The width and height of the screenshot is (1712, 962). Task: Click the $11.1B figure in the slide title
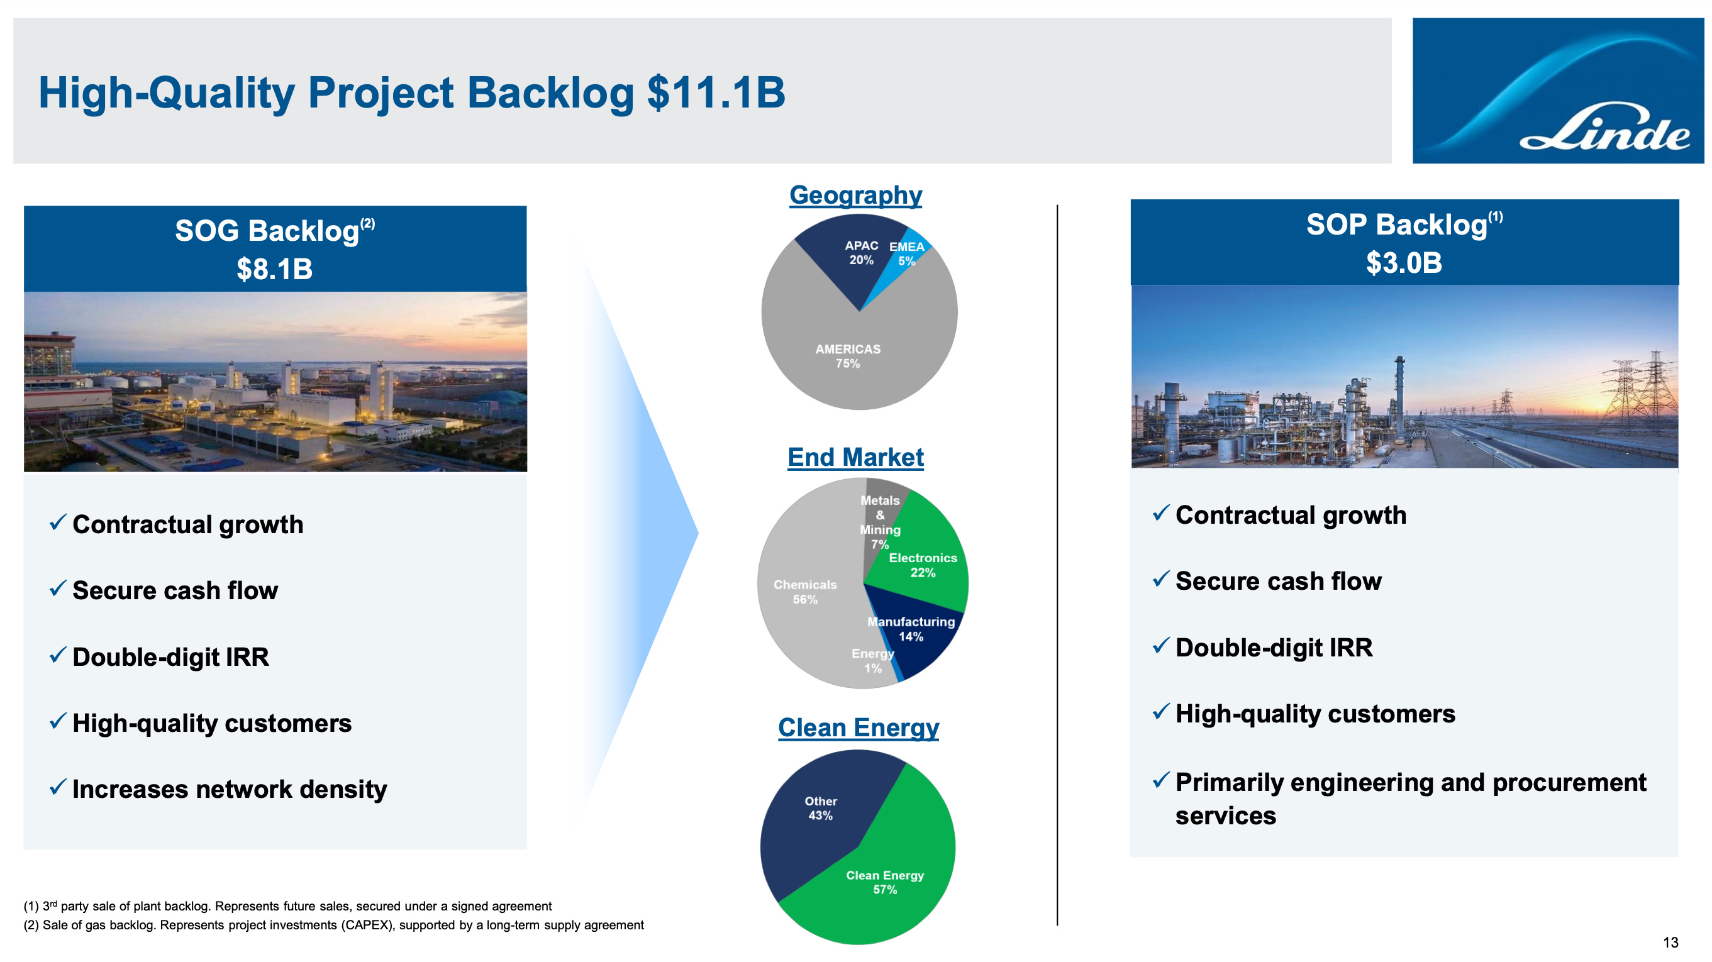pyautogui.click(x=716, y=92)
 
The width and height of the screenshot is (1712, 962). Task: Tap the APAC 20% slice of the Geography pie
pyautogui.click(x=857, y=256)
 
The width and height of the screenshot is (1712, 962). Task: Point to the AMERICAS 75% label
pyautogui.click(x=847, y=356)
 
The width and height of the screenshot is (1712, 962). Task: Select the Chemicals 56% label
pyautogui.click(x=805, y=592)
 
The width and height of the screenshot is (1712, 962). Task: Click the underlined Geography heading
pyautogui.click(x=855, y=196)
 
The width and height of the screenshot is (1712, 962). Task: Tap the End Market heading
pyautogui.click(x=855, y=457)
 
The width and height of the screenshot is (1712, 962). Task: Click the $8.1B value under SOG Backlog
pyautogui.click(x=274, y=269)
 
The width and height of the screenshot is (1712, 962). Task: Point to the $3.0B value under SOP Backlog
pyautogui.click(x=1404, y=262)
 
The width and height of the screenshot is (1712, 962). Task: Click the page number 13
pyautogui.click(x=1670, y=942)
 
